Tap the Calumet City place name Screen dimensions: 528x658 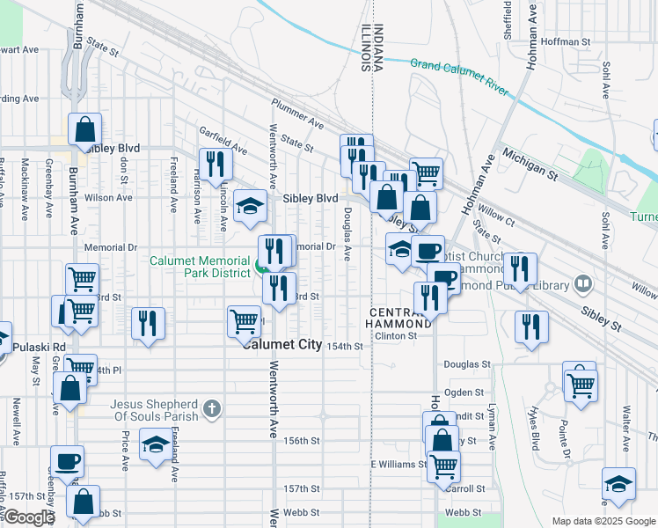point(282,345)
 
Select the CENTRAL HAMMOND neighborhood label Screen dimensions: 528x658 point(401,319)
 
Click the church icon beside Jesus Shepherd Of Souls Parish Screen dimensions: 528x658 point(211,407)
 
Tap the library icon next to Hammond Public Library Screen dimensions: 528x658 point(581,283)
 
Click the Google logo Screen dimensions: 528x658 point(29,517)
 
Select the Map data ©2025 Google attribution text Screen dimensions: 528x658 point(603,521)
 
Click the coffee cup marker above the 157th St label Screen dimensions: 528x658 point(68,462)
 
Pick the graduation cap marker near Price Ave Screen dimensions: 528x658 point(156,445)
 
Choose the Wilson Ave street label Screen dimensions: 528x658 point(109,198)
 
